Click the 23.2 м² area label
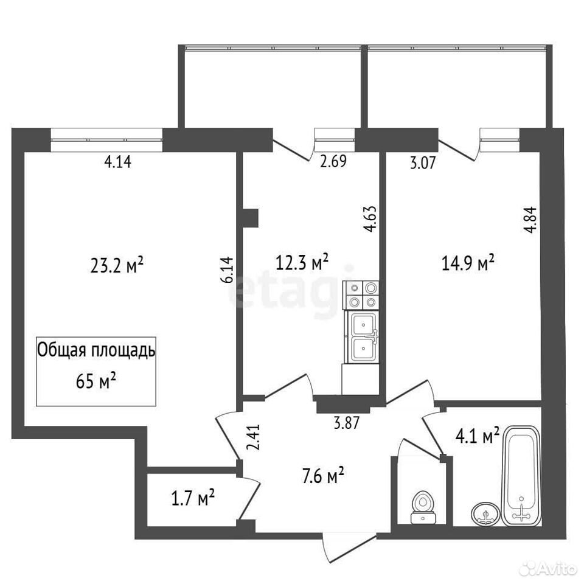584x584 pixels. (x=117, y=265)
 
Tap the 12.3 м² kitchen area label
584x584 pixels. (x=302, y=262)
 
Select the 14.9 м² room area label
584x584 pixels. (x=468, y=263)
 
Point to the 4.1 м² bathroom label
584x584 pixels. (x=477, y=436)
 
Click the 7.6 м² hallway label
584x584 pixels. (x=322, y=476)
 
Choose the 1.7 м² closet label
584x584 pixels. (x=193, y=498)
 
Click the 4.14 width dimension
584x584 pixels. (x=117, y=162)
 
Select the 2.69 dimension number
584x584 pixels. (x=333, y=161)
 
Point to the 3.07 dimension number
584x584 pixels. (x=423, y=163)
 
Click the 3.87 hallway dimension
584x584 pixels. (x=346, y=423)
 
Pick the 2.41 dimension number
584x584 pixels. (x=254, y=438)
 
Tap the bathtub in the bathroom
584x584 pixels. (x=521, y=476)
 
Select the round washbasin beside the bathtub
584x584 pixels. (x=485, y=515)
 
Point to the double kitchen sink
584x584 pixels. (x=364, y=337)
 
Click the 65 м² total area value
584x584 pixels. (x=96, y=381)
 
